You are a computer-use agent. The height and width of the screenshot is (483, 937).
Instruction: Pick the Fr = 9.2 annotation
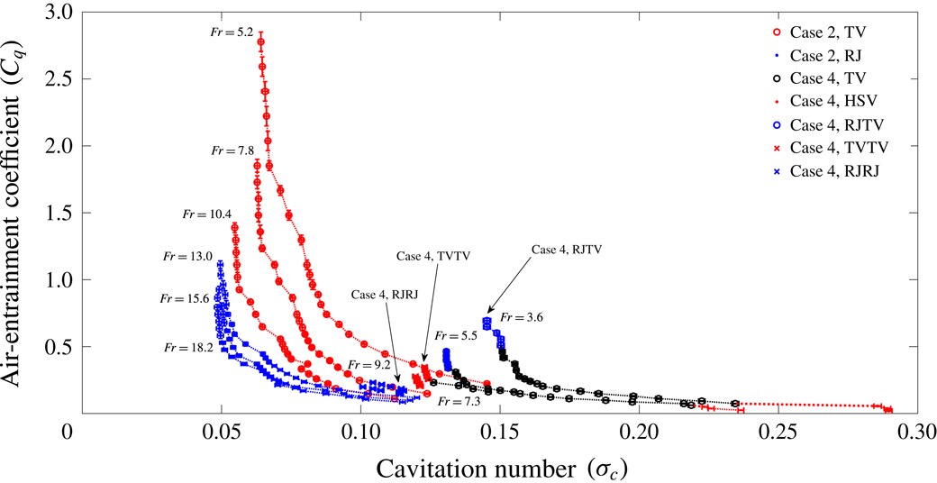coord(368,365)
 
